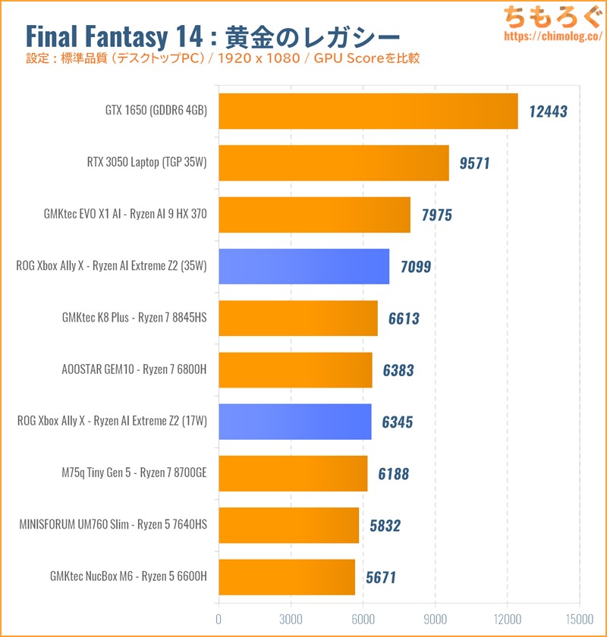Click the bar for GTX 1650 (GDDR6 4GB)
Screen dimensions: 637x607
click(368, 111)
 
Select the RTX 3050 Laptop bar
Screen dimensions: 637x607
click(334, 163)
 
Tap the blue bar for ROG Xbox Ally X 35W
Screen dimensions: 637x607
click(303, 266)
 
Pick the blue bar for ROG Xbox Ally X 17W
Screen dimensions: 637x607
click(295, 422)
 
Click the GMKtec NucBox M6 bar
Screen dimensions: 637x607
click(287, 577)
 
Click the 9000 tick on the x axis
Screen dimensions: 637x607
click(435, 617)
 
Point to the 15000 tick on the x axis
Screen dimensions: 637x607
click(579, 617)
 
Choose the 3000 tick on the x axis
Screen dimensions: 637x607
click(291, 617)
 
